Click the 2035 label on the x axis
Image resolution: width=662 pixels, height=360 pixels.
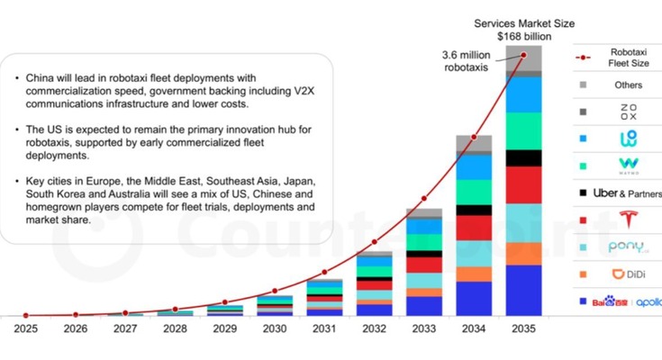523,329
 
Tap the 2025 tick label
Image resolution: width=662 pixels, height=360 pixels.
25,329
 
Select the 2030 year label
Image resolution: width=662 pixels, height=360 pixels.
275,329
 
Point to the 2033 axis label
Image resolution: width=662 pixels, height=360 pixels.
424,329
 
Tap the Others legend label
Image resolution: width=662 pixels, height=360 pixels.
627,85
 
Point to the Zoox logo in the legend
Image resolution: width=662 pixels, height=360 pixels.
627,112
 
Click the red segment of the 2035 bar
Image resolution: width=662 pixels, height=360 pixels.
523,184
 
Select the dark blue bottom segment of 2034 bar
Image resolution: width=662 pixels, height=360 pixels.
474,298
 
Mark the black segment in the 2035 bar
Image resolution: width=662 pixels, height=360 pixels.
523,157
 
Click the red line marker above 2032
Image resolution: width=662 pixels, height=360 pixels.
375,241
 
